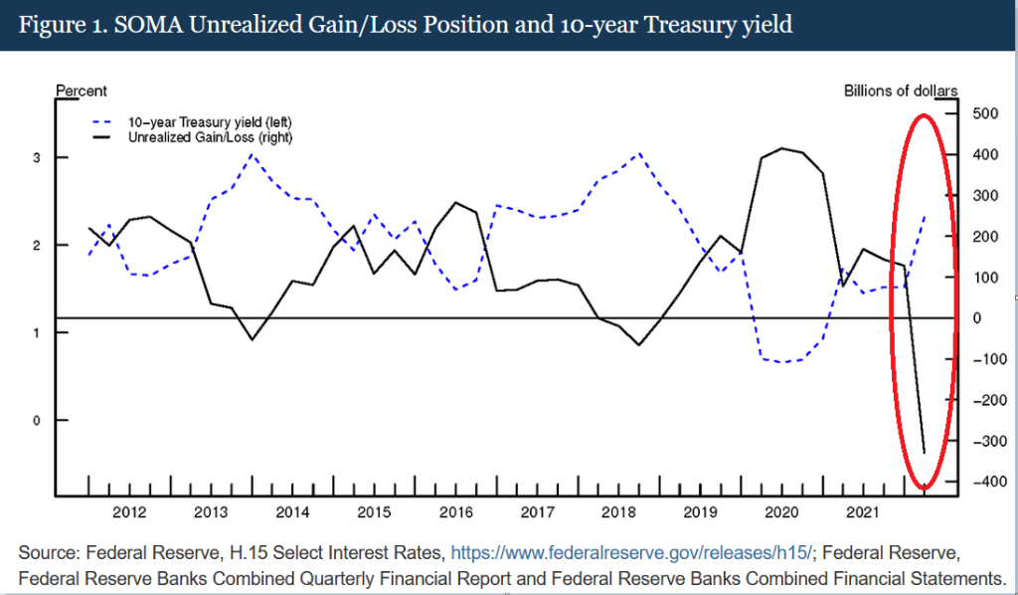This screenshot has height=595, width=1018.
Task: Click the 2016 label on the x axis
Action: [455, 513]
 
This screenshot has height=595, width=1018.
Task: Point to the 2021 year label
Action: [860, 513]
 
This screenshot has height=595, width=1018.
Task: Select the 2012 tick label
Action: [130, 513]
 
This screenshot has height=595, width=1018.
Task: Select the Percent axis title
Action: [81, 92]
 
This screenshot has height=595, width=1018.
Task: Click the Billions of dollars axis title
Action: [901, 92]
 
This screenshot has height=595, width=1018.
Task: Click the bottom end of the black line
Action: [925, 454]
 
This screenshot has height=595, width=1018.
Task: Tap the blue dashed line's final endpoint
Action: [926, 213]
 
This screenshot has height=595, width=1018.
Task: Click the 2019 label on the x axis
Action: [699, 513]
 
